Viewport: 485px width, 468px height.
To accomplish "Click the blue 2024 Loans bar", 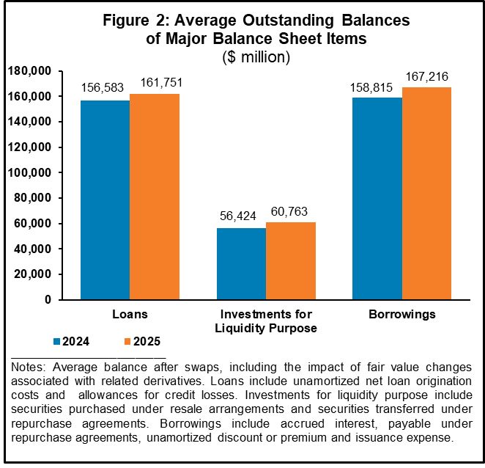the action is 105,200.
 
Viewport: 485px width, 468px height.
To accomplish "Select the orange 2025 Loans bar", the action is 155,197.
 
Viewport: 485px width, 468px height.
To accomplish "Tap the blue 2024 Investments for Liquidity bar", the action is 241,263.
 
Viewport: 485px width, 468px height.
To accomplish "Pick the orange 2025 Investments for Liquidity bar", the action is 291,261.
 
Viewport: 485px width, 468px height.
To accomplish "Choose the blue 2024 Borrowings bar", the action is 377,199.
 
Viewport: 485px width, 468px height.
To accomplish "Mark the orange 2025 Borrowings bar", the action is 427,193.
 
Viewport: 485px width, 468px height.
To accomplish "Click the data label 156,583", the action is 103,87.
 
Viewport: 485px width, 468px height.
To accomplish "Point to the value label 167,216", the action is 427,76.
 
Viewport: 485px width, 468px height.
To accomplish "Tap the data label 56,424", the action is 238,216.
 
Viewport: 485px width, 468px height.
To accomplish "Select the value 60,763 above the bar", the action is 289,211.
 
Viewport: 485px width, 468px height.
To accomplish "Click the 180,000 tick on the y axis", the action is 29,71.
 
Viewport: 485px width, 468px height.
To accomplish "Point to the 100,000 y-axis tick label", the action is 29,172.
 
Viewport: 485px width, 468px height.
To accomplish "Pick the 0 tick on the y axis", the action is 48,299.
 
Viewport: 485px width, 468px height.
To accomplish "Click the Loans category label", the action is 130,314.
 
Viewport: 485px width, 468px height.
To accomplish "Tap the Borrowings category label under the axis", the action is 402,315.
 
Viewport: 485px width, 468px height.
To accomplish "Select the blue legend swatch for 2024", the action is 56,342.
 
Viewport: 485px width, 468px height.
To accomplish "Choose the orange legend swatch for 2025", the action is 127,342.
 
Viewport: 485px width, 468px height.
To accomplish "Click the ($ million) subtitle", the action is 256,57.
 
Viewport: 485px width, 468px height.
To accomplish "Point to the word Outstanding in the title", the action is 288,21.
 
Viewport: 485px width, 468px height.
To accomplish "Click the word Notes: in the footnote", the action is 29,368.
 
